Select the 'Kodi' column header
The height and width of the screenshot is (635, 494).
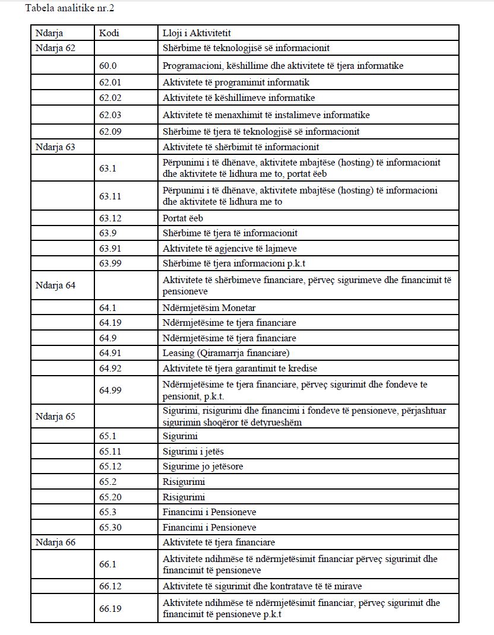pyautogui.click(x=109, y=33)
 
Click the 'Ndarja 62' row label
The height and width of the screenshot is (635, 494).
pyautogui.click(x=55, y=48)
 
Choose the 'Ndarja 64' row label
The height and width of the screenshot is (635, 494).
pyautogui.click(x=55, y=285)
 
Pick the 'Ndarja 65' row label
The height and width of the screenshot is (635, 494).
pyautogui.click(x=55, y=416)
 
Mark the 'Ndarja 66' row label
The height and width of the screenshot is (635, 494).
pyautogui.click(x=55, y=542)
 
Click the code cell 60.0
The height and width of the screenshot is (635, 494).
pyautogui.click(x=109, y=66)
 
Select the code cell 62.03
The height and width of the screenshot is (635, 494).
pyautogui.click(x=110, y=115)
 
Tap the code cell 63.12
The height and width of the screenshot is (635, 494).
pyautogui.click(x=110, y=218)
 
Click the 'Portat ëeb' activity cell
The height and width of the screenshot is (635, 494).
pyautogui.click(x=183, y=218)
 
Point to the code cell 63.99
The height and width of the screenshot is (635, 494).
pyautogui.click(x=110, y=263)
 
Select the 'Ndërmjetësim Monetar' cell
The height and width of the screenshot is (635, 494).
pyautogui.click(x=209, y=307)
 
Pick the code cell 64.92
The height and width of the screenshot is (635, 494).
pyautogui.click(x=110, y=369)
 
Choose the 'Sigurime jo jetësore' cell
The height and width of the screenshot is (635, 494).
pyautogui.click(x=202, y=466)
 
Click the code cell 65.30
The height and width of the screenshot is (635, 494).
pyautogui.click(x=110, y=527)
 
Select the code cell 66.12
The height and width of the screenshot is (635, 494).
pyautogui.click(x=110, y=586)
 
